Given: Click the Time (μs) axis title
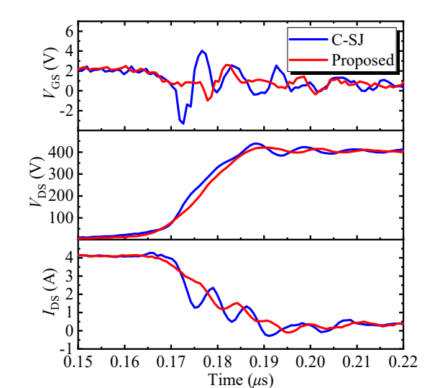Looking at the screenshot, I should point(239,377).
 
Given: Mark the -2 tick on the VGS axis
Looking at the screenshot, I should point(66,111).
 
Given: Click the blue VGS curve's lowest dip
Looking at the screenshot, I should point(183,123).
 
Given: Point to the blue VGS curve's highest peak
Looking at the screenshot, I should point(203,51).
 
